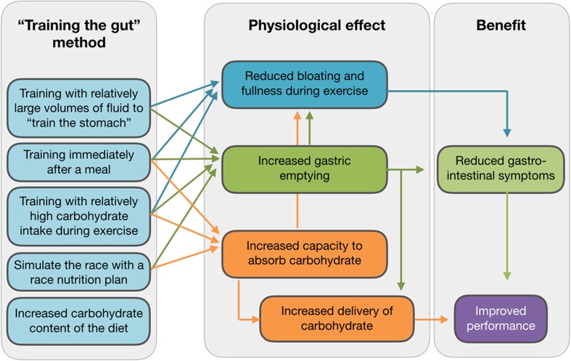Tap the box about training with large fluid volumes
coord(83,107)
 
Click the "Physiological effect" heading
coord(318,25)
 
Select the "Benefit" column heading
coord(501,25)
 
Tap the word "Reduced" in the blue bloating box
coord(268,76)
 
